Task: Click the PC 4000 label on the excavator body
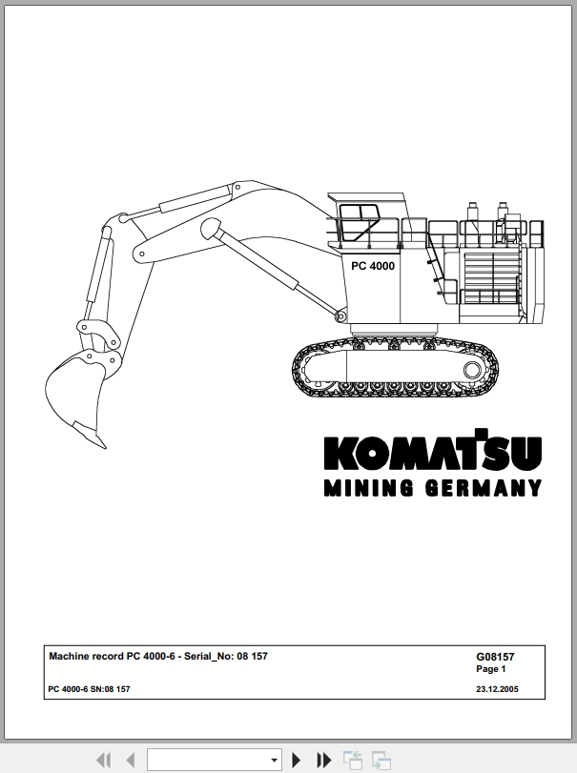373,266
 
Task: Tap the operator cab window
360,223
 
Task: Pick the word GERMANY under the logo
484,488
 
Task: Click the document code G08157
495,657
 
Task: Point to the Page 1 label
491,669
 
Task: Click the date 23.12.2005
497,689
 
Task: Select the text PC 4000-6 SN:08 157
90,689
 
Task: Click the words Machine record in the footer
86,656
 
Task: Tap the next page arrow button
296,760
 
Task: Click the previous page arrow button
131,760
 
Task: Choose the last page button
323,760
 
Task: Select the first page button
103,760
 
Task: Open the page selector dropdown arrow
274,761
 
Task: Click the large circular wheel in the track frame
472,370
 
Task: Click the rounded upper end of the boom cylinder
212,228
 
